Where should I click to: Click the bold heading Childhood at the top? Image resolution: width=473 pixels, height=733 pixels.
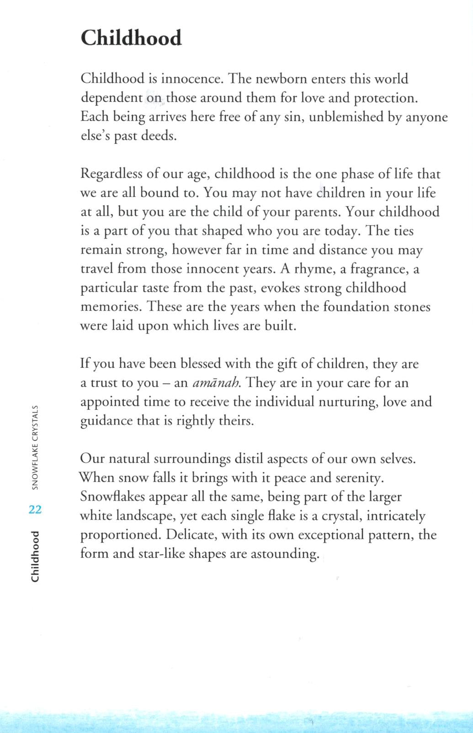coord(131,38)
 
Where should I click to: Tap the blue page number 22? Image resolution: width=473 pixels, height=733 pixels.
coord(35,510)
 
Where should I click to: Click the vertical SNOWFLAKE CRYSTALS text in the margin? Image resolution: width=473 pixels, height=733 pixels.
coord(35,448)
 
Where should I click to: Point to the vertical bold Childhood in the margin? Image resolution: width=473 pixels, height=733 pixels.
coord(35,557)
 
